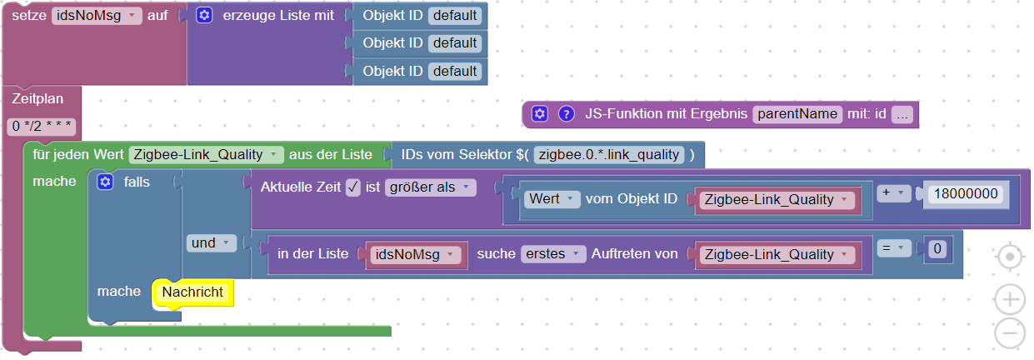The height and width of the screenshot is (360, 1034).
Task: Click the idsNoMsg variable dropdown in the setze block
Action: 96,16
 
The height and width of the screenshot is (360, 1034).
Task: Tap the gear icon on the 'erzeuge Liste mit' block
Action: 204,16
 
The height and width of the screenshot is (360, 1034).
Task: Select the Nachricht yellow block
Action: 192,292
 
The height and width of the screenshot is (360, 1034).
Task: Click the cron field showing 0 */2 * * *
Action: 42,127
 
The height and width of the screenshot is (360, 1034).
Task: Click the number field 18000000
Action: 966,193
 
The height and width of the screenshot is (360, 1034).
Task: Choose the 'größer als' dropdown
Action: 430,187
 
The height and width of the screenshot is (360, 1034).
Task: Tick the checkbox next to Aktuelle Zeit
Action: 352,187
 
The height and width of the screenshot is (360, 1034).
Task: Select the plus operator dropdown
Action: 893,193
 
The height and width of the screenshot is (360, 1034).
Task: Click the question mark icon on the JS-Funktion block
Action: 567,114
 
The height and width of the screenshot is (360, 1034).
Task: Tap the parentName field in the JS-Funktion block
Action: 797,114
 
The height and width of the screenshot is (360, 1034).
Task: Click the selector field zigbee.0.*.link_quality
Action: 611,154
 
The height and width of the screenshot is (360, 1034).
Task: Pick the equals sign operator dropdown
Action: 893,248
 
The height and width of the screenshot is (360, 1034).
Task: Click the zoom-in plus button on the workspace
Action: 1010,298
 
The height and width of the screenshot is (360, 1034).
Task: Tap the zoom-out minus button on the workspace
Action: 1010,332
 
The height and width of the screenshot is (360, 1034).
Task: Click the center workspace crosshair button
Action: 1010,257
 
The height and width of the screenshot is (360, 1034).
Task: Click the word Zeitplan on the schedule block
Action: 38,99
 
